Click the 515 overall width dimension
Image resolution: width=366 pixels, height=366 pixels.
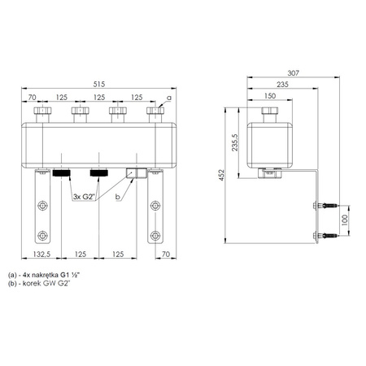point(99,84)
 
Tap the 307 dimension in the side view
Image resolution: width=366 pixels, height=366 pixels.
point(293,73)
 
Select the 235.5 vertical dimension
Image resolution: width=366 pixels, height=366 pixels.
point(235,142)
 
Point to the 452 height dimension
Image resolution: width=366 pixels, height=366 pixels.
point(221,175)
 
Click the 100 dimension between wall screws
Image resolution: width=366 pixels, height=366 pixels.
point(345,220)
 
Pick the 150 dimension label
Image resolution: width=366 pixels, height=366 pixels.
point(270,96)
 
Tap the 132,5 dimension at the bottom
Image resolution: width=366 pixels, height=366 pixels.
point(41,254)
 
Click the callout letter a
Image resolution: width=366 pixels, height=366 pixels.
point(169,98)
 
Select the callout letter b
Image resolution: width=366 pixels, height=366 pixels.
point(118,197)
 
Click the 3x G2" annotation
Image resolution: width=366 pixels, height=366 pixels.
point(84,197)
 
